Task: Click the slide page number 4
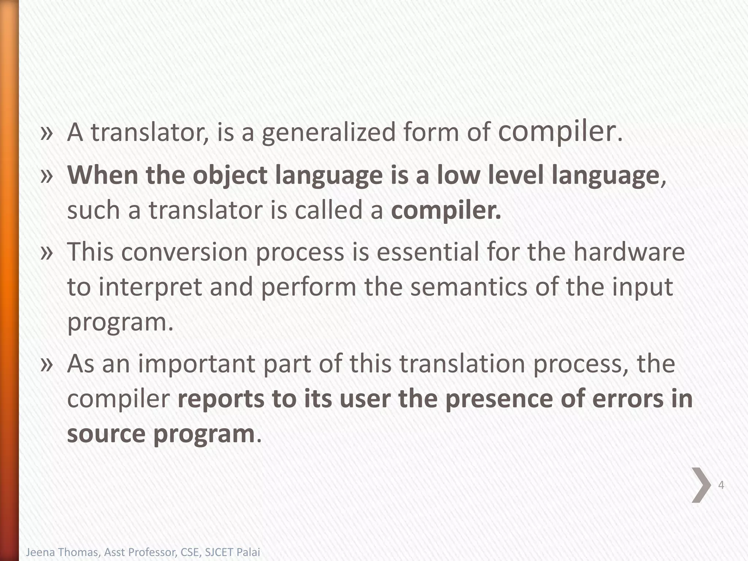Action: (721, 485)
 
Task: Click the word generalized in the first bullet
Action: (329, 133)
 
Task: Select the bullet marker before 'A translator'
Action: (47, 133)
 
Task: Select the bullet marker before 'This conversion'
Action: (47, 252)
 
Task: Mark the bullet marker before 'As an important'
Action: (47, 364)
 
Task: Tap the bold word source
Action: (106, 434)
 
